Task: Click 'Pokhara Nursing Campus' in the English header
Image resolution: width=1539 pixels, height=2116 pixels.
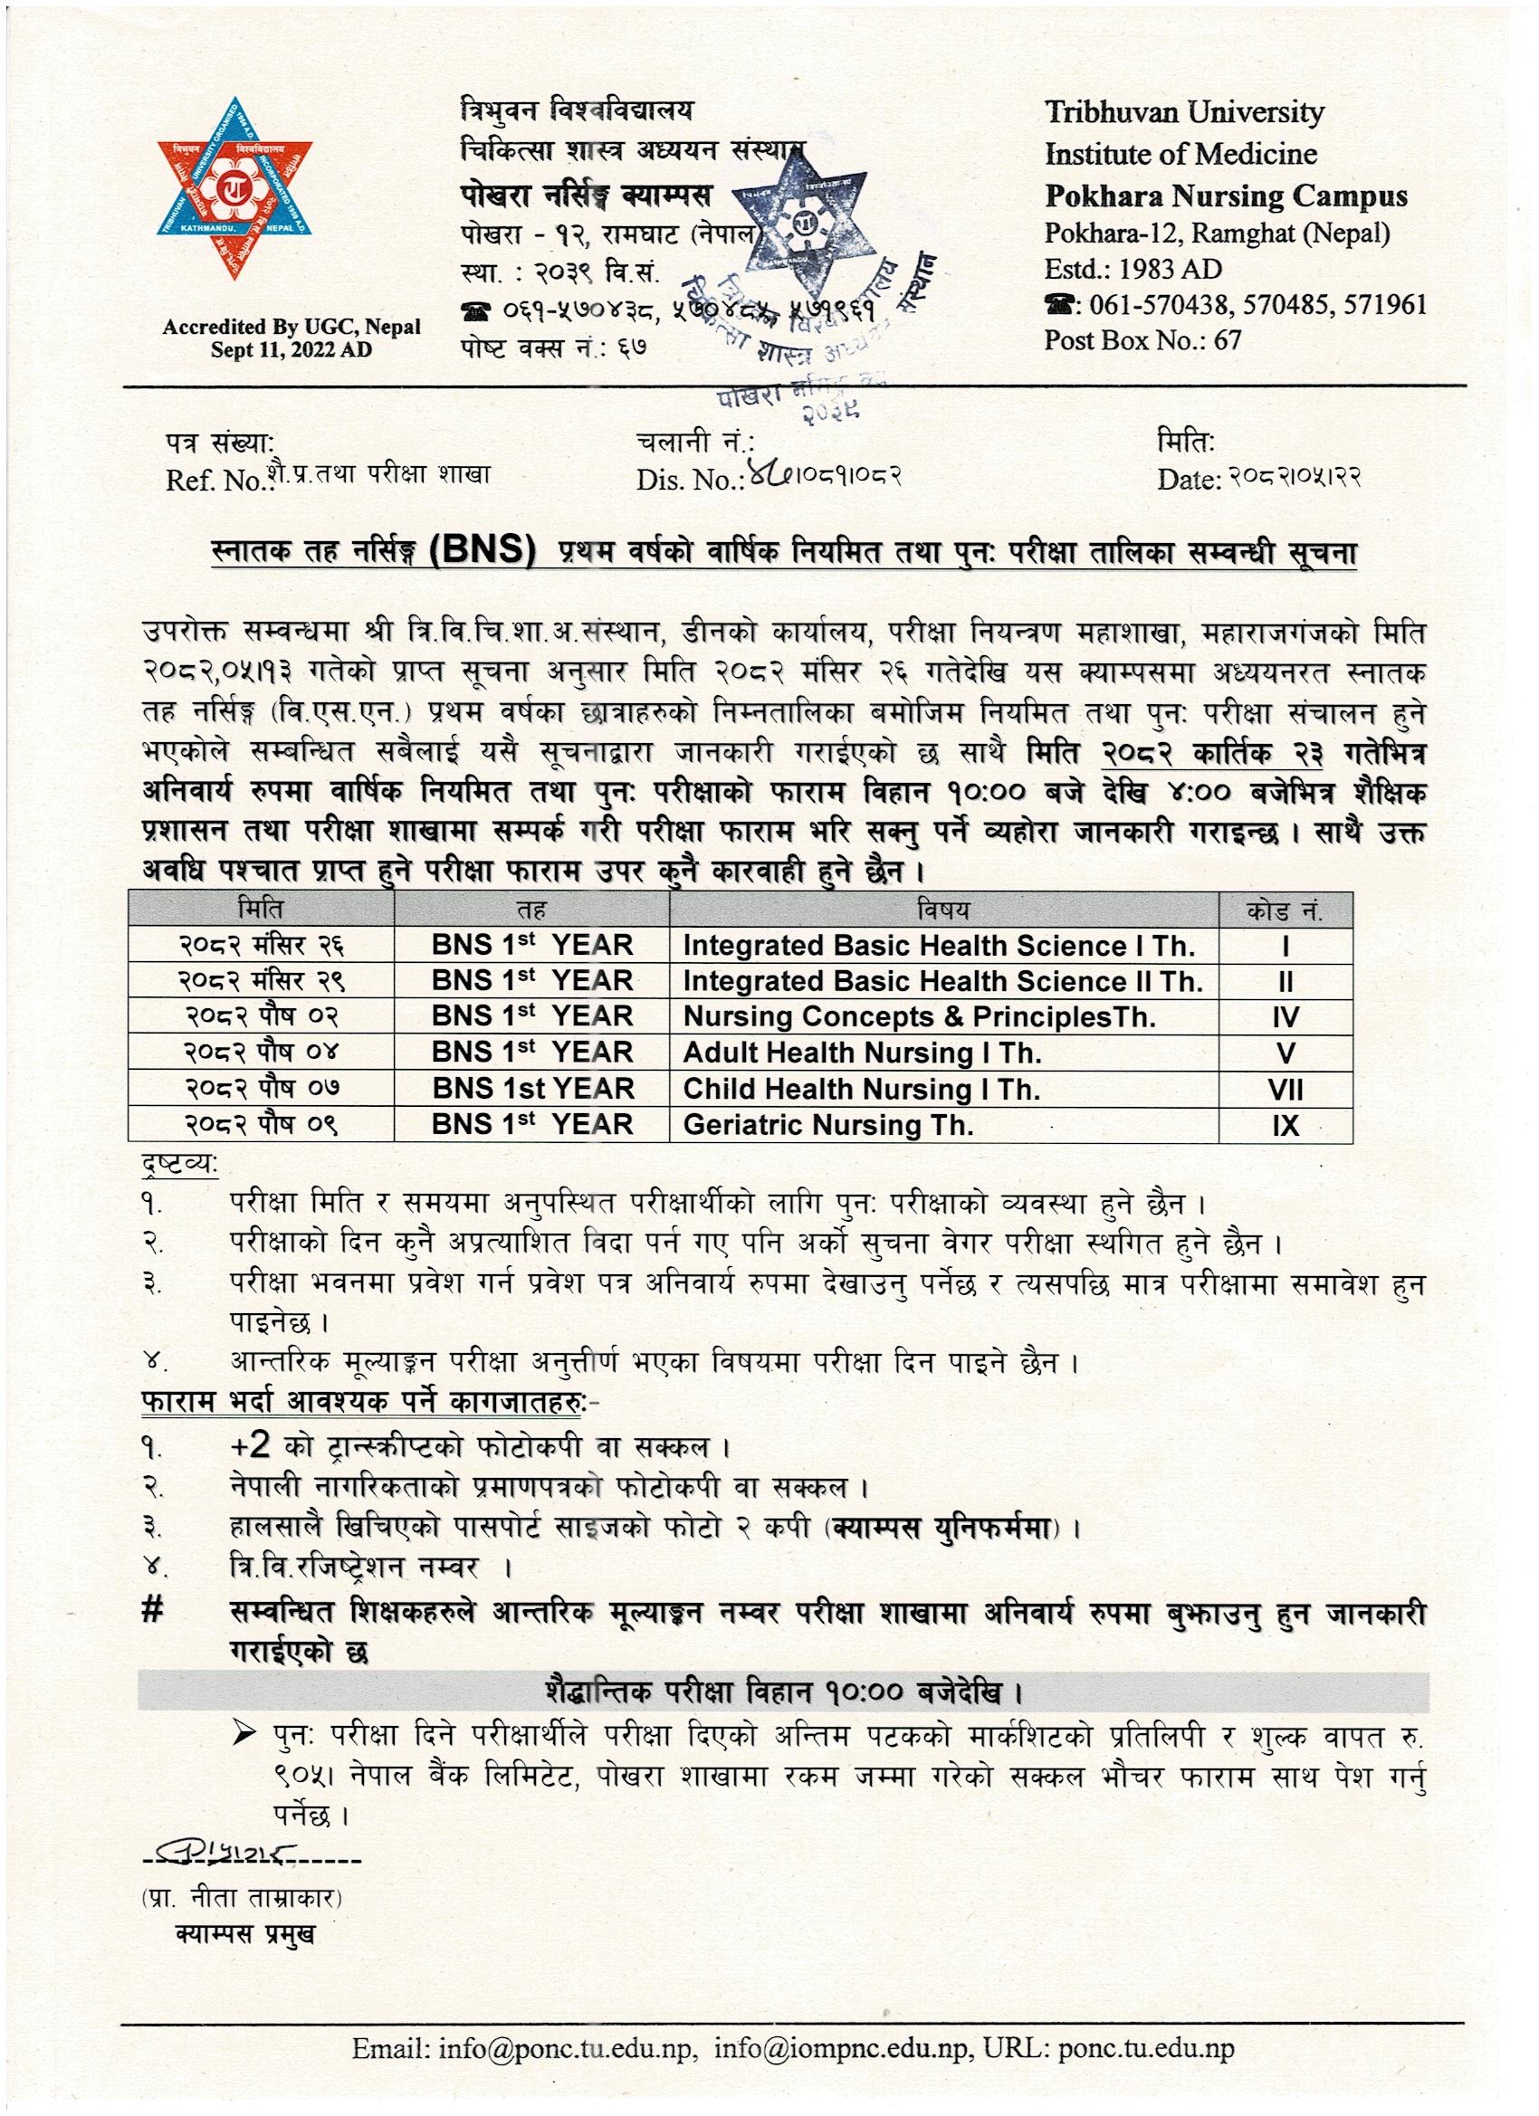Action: pos(1226,195)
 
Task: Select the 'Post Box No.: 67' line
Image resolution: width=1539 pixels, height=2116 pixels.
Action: pos(1142,339)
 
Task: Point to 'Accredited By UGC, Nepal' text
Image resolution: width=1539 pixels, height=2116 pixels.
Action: pos(292,328)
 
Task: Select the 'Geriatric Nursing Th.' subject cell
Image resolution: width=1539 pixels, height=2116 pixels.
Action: pos(827,1125)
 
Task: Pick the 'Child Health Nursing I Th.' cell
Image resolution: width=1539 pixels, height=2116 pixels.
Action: pos(861,1089)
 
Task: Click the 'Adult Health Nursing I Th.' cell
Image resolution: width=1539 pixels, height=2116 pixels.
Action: pos(862,1053)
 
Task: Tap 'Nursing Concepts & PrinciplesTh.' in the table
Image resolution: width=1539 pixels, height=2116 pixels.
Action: pos(918,1017)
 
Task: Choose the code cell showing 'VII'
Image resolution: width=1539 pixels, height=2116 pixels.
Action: pos(1286,1090)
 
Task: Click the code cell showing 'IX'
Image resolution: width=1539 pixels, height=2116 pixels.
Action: pos(1286,1126)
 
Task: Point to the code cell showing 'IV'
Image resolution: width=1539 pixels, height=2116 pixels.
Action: pos(1286,1018)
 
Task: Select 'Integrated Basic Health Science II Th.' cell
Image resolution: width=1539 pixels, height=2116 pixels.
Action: pos(942,981)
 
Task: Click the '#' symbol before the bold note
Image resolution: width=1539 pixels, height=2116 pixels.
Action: pos(152,1611)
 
